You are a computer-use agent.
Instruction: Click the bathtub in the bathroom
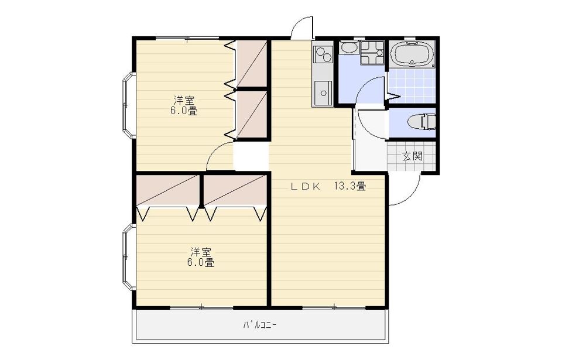tap(412, 54)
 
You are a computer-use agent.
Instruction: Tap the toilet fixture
tap(421, 122)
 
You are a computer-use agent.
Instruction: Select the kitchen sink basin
tap(323, 93)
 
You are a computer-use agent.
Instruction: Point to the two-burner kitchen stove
tap(323, 54)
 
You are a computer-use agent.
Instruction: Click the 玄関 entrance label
tap(412, 156)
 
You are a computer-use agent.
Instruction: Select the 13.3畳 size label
tap(350, 187)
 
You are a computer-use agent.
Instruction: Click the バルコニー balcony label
tap(260, 325)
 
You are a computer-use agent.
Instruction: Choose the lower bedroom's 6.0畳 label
tap(201, 263)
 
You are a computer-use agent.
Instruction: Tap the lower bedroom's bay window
tap(128, 257)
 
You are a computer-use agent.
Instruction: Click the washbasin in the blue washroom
tap(349, 47)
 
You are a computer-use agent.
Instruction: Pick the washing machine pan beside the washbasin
tap(372, 52)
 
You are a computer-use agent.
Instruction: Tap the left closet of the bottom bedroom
tap(168, 190)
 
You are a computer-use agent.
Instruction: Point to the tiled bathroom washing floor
tap(412, 85)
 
